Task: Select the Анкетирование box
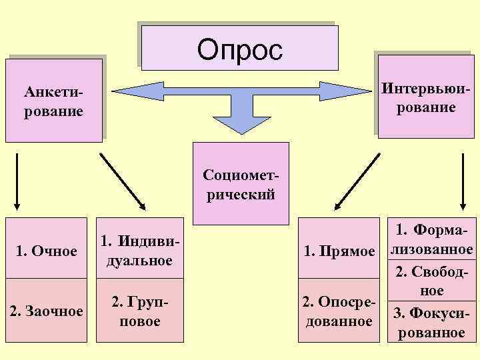click(54, 100)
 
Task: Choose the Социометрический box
click(241, 184)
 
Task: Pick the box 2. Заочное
click(46, 311)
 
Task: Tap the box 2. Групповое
click(139, 311)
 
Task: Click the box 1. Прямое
click(338, 250)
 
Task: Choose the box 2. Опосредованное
click(338, 311)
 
